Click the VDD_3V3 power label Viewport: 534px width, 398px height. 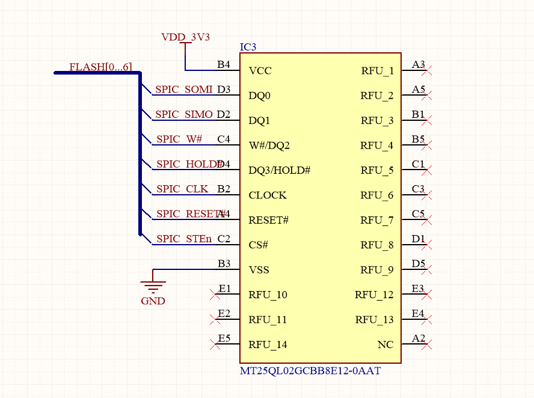point(185,37)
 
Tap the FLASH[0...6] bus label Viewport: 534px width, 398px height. point(100,67)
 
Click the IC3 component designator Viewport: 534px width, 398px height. point(248,47)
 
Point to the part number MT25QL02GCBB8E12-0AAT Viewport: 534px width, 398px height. point(310,371)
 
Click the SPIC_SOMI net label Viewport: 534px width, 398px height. point(184,90)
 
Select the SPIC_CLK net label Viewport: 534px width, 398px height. point(182,189)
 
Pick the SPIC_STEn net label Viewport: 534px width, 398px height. point(184,239)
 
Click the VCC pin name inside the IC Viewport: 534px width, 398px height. point(260,71)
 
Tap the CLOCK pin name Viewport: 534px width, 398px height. point(268,195)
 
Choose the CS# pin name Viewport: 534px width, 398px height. point(258,245)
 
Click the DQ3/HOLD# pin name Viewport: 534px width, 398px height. point(279,170)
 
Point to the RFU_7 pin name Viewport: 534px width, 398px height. point(377,220)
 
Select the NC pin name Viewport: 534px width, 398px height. point(385,344)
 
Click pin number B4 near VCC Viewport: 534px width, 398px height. point(224,64)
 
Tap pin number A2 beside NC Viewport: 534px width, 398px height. point(419,338)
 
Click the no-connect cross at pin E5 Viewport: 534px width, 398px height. point(214,344)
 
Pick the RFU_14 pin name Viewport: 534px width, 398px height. point(268,344)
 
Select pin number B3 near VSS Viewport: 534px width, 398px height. point(224,263)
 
